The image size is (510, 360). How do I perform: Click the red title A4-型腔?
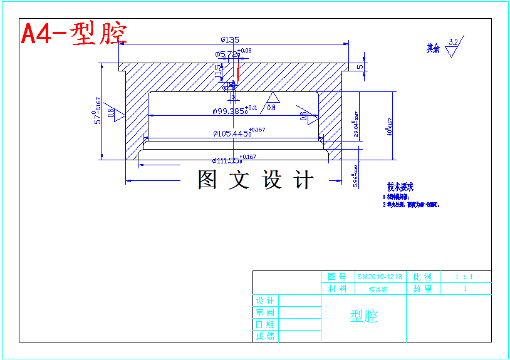tap(74, 34)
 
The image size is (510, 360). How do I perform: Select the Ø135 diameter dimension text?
tap(230, 40)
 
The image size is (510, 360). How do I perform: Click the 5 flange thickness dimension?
tap(360, 66)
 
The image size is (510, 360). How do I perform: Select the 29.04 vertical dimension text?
tap(356, 125)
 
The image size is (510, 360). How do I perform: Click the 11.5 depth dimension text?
tap(218, 71)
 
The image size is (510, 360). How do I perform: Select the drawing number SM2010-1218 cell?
tap(380, 277)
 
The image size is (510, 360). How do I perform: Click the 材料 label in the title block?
tap(337, 289)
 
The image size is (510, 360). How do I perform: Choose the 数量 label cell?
tap(422, 289)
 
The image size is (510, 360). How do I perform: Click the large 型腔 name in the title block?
tap(363, 316)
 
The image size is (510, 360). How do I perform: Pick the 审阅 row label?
tap(264, 312)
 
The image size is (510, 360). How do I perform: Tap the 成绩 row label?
tap(264, 336)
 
